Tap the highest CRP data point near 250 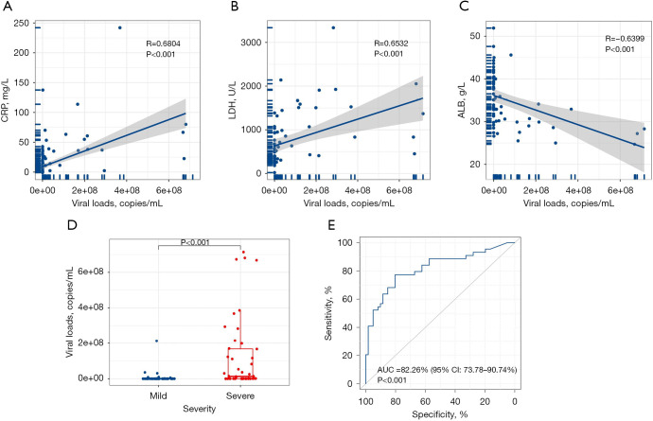[119, 27]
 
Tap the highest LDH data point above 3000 [333, 27]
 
